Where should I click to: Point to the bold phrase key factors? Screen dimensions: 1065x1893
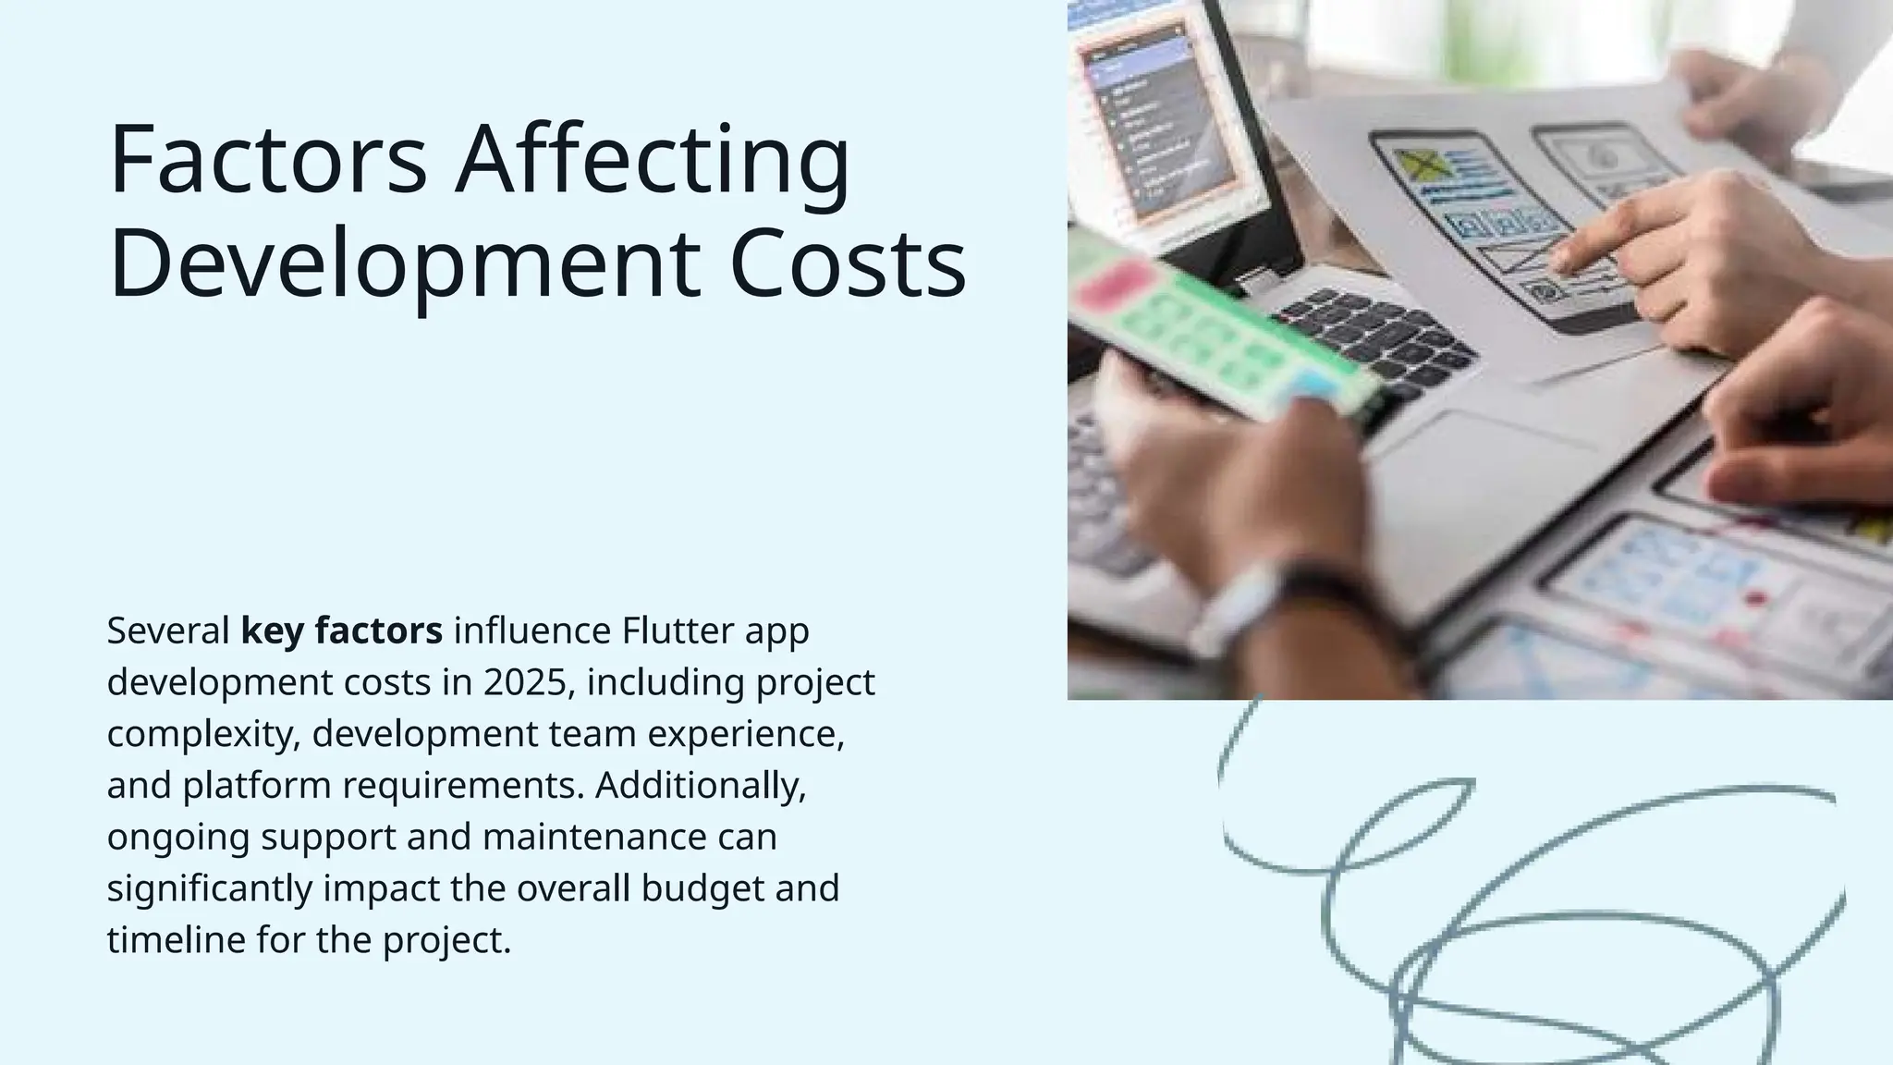(x=341, y=631)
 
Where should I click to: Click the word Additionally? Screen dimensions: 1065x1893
(x=701, y=786)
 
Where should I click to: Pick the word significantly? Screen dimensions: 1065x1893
(x=210, y=889)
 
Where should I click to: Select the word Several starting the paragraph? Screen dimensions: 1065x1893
(x=168, y=631)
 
